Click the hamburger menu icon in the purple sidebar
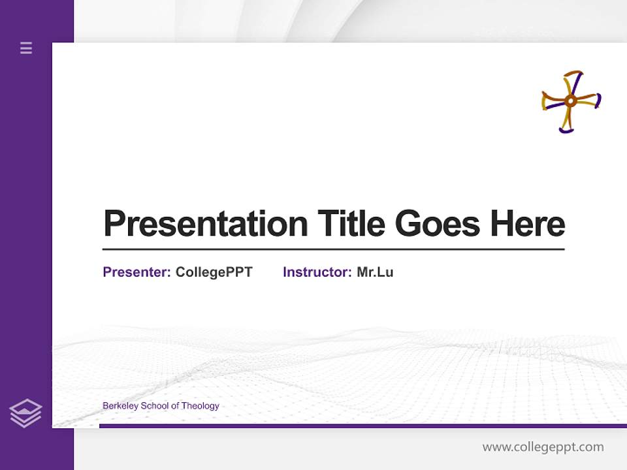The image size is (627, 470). tap(26, 48)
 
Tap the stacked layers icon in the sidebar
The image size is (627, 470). tap(25, 413)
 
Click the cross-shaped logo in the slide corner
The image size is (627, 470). tap(571, 101)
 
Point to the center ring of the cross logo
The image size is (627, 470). tap(570, 101)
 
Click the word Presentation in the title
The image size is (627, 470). tap(205, 224)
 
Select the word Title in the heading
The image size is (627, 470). tap(351, 224)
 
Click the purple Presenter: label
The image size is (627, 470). tap(137, 272)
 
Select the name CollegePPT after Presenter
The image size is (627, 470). tap(214, 272)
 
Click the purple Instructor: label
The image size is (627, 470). tap(317, 272)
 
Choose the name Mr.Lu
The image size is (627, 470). tap(375, 272)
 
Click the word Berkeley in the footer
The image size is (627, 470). tap(120, 406)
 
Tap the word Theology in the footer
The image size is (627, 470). tap(200, 406)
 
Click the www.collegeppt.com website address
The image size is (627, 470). tap(543, 447)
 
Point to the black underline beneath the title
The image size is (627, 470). tap(333, 249)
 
